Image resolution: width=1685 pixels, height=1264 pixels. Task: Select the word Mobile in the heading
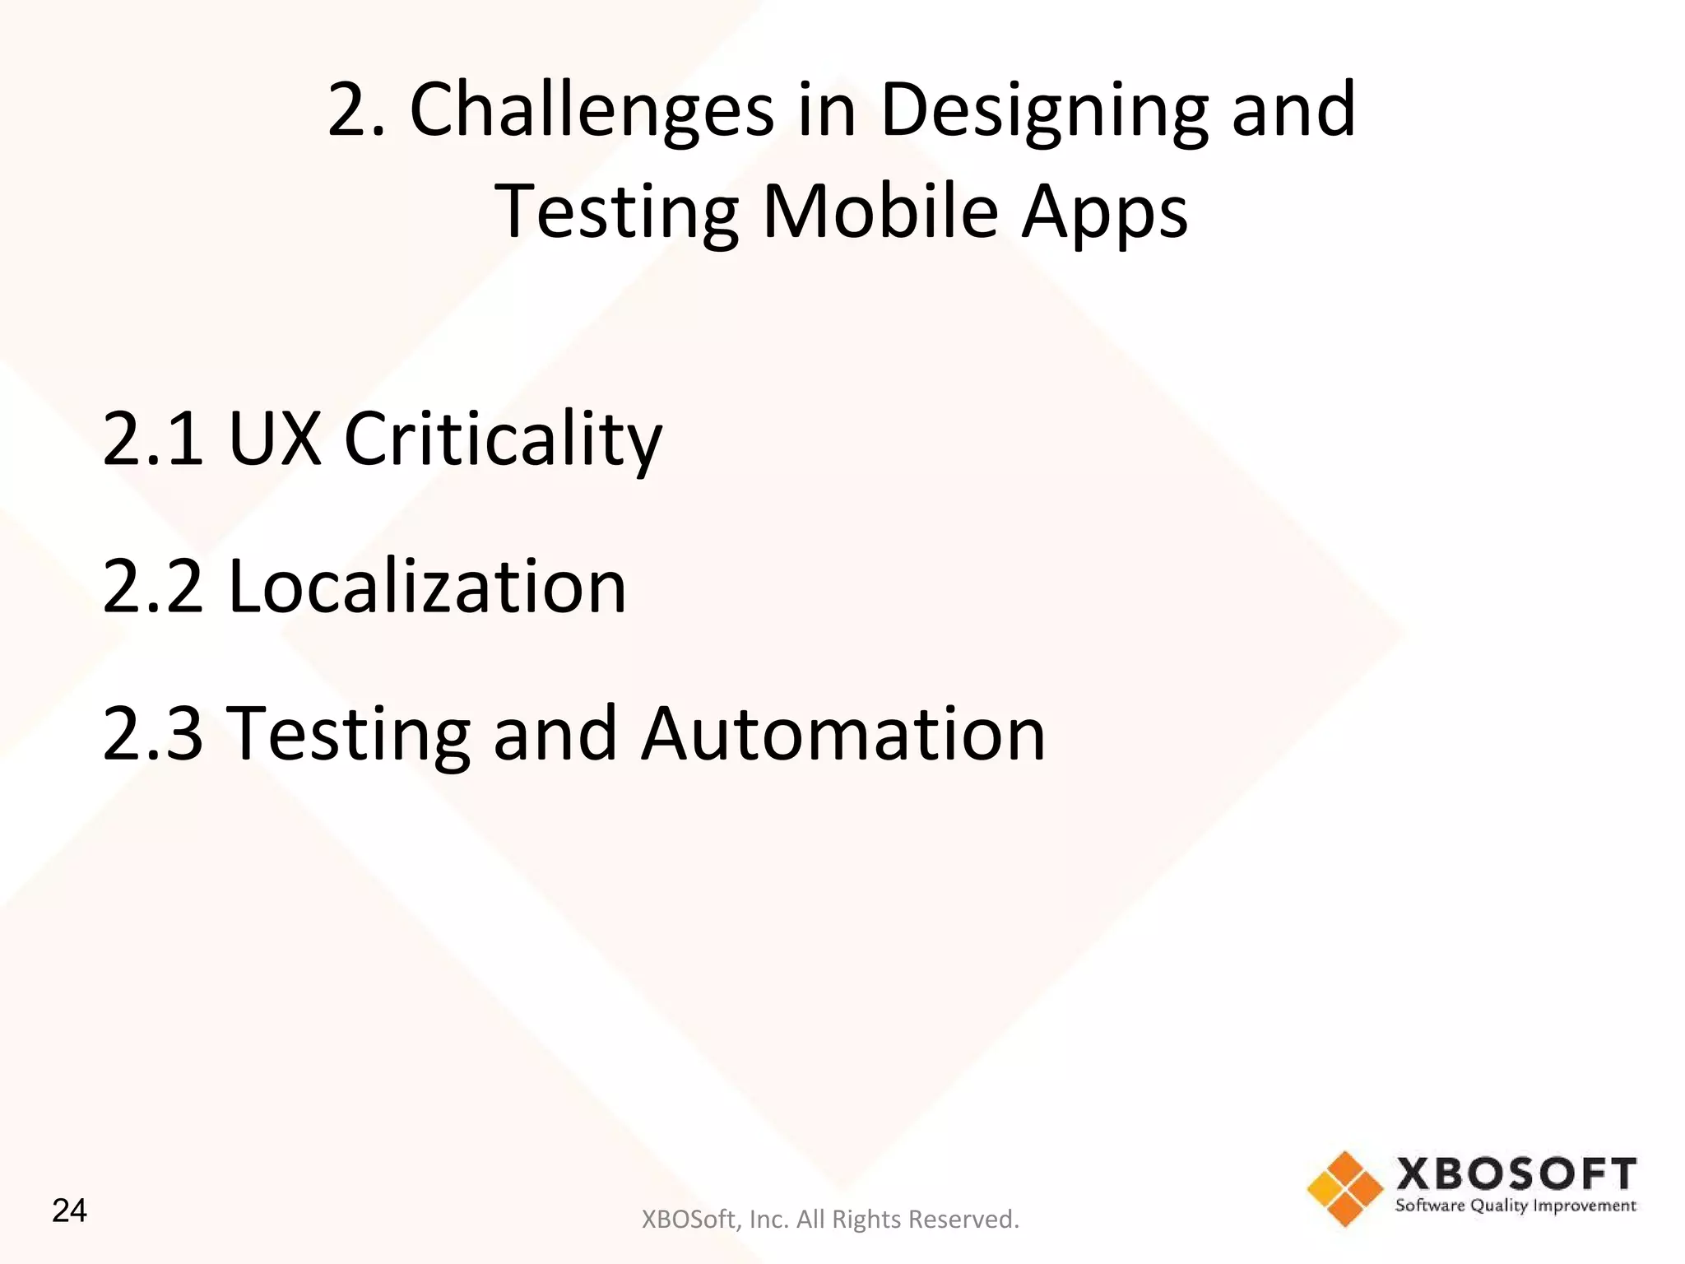point(880,211)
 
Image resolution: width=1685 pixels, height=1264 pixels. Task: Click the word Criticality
point(503,440)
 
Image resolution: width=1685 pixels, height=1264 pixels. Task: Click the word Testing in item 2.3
point(348,735)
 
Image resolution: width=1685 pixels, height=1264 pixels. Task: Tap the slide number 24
point(69,1211)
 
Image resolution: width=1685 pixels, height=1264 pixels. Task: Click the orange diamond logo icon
point(1345,1188)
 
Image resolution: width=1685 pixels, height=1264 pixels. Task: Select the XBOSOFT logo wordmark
point(1516,1173)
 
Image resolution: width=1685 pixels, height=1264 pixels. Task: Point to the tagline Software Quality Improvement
point(1516,1206)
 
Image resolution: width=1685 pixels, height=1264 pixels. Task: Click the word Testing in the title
point(617,213)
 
